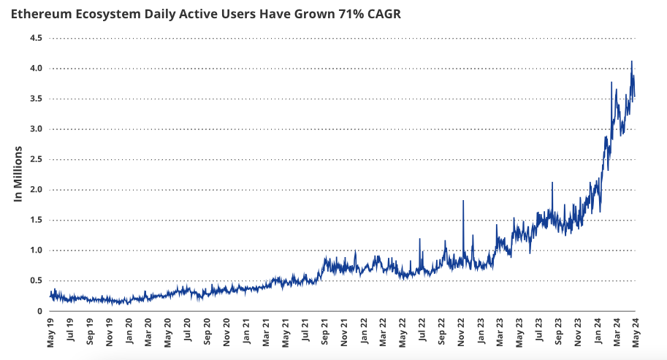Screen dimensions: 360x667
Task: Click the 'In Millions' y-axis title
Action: [x=20, y=174]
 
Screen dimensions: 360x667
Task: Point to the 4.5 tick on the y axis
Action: [x=36, y=38]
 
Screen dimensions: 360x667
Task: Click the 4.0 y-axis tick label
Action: [x=36, y=68]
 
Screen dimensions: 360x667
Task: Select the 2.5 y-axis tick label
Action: [x=36, y=159]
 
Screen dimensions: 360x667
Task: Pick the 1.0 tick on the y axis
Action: [x=36, y=250]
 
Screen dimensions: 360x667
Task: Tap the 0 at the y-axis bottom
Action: [x=39, y=311]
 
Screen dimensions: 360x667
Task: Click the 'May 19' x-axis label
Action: [x=50, y=332]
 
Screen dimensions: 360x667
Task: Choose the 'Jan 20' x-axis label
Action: [x=129, y=332]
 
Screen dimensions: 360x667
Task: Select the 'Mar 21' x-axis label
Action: [x=267, y=332]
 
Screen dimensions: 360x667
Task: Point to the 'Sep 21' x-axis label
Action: [x=325, y=332]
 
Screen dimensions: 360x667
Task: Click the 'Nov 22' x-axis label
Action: [x=462, y=332]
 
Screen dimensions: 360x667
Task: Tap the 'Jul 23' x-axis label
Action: [x=541, y=332]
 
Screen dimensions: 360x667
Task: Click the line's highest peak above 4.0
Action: [x=631, y=61]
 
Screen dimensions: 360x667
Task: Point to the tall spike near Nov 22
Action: [x=463, y=201]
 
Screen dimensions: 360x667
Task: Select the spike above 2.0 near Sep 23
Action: [x=552, y=183]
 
